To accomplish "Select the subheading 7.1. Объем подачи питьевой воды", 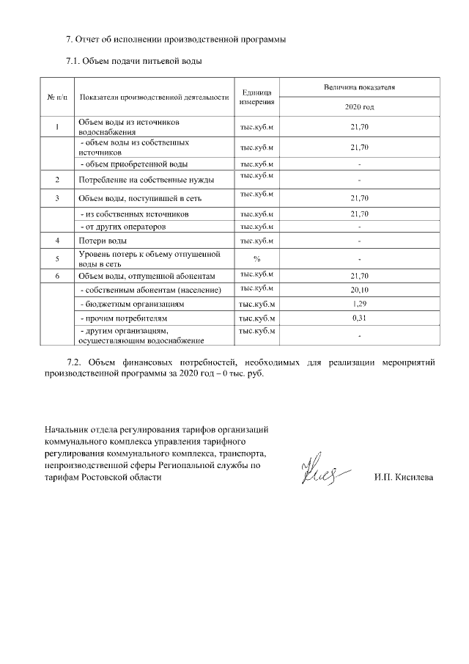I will [x=134, y=61].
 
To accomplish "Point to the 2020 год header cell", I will [x=359, y=107].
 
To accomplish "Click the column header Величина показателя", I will [x=359, y=87].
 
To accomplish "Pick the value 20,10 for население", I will [x=359, y=289].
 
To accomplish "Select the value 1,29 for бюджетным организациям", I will [x=359, y=303].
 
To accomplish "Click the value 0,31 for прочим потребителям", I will [x=359, y=318].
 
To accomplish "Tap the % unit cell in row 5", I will [x=257, y=258].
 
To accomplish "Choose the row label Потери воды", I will [x=103, y=241].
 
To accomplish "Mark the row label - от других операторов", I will [x=122, y=227].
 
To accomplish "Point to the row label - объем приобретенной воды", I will [x=133, y=164].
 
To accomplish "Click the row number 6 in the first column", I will [x=57, y=276].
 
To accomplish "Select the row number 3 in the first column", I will [x=57, y=199].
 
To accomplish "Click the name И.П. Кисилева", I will [x=403, y=478].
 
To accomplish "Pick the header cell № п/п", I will [x=57, y=97].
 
